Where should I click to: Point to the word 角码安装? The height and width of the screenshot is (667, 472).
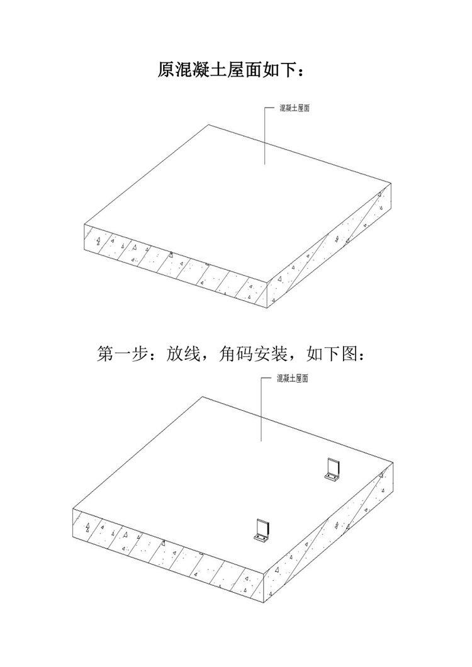coord(253,354)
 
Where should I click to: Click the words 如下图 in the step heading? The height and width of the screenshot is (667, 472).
coord(332,354)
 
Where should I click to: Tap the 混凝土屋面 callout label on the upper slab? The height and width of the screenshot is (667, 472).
coord(295,108)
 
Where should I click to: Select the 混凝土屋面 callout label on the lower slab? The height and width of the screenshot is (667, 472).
coord(293,379)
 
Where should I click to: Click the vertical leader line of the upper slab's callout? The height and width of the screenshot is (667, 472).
coord(265,136)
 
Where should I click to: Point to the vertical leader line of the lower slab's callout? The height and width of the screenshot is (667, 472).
coord(261,410)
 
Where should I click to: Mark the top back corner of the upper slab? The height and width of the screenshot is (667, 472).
coord(208,125)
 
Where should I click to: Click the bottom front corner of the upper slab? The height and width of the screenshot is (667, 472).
coord(268,308)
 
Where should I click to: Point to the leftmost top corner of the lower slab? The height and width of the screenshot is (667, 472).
coord(73,508)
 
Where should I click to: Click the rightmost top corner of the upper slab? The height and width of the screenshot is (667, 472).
coord(391,184)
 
